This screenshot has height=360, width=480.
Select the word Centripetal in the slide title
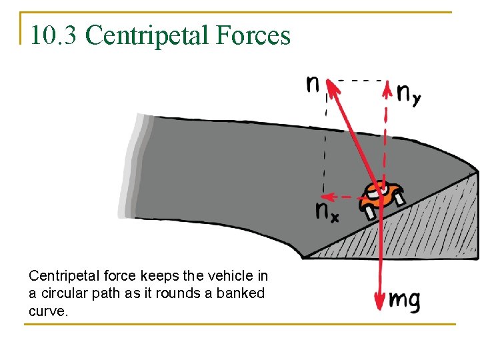[139, 35]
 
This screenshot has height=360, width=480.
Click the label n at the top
[312, 85]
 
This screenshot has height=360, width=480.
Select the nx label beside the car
[327, 211]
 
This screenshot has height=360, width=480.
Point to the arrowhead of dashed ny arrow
[386, 87]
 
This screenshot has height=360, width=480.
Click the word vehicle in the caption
[233, 276]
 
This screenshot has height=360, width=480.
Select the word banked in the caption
[244, 293]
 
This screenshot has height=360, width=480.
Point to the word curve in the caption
[47, 311]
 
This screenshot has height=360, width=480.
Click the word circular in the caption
[61, 293]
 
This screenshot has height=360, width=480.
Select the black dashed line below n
[325, 147]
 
